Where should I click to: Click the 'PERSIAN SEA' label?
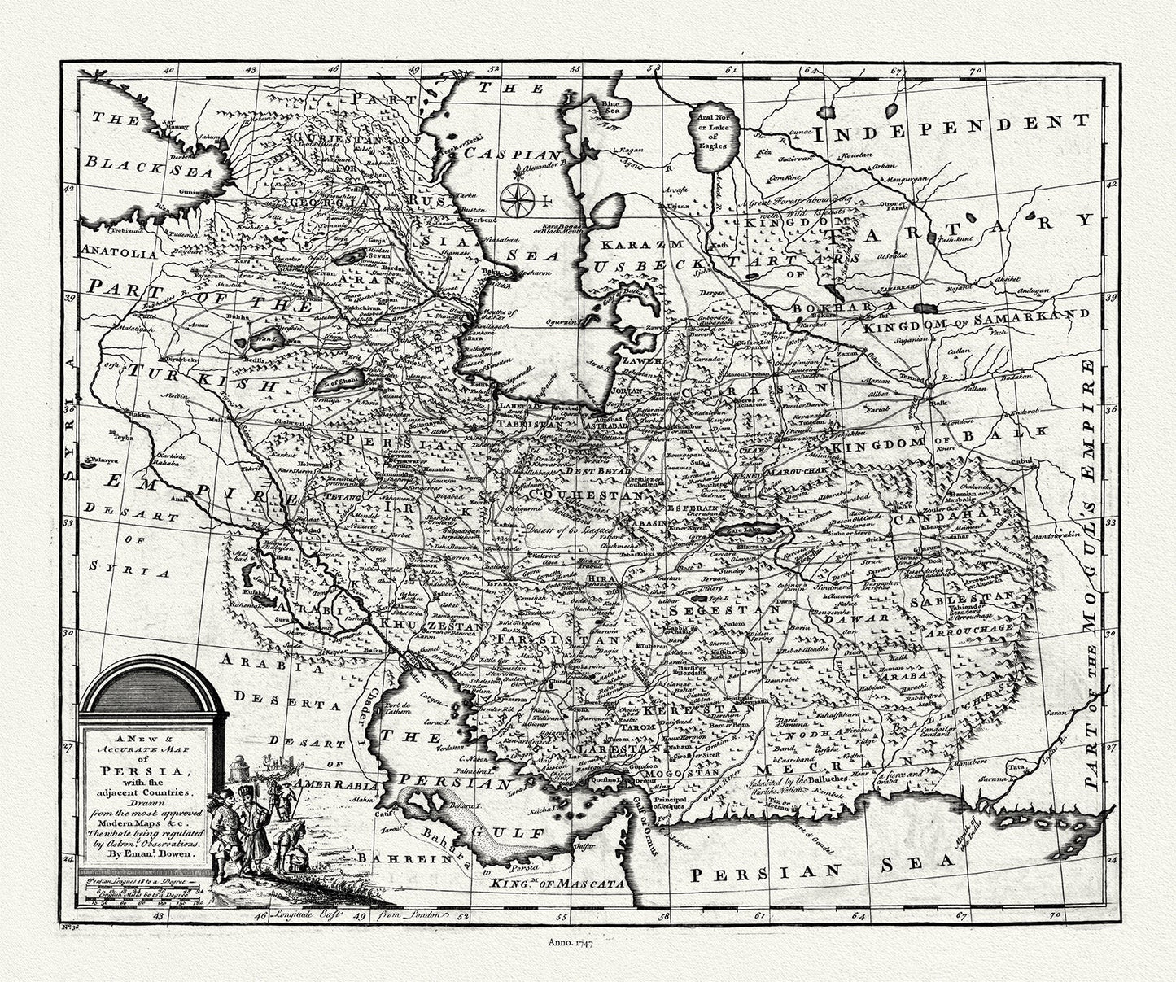click(821, 869)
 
